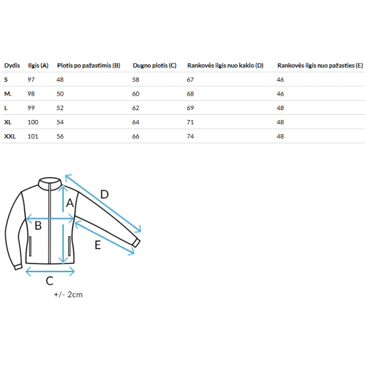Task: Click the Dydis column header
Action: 12,66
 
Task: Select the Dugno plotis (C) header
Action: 155,66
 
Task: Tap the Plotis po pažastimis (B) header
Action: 89,66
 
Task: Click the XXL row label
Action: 10,137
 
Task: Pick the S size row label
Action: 6,80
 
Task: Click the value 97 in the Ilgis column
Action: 31,80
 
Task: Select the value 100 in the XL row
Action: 33,122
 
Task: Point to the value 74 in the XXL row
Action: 190,137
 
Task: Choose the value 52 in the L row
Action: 60,108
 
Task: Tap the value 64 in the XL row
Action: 135,122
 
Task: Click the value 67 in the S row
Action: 190,80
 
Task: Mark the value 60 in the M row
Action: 135,94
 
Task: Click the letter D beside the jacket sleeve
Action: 104,194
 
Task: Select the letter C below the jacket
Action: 50,281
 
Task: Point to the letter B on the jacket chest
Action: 38,226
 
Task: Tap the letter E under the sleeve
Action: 98,245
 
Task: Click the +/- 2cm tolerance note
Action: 68,295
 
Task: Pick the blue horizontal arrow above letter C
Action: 50,271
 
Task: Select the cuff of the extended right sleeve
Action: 136,243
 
